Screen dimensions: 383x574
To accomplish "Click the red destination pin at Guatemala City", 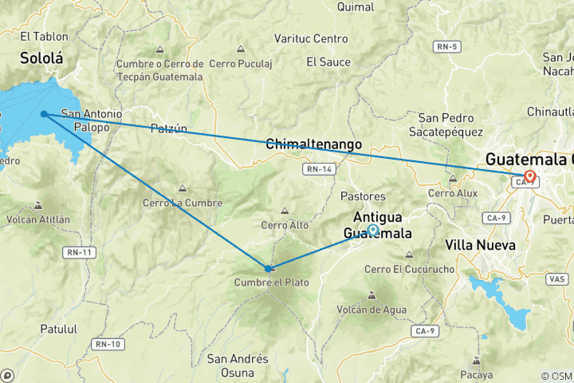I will click(x=529, y=176).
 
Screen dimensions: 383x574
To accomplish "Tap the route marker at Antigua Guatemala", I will click(x=373, y=230).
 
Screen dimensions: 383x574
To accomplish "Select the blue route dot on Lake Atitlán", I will click(x=44, y=114).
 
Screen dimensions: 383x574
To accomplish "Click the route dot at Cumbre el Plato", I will click(x=269, y=268).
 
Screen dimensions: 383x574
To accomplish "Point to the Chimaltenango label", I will click(x=313, y=144).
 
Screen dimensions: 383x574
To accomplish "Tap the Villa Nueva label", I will click(x=480, y=244).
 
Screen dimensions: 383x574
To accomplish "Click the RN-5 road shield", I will click(x=447, y=47).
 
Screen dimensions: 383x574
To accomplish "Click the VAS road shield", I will click(x=558, y=278).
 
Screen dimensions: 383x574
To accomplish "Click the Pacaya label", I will click(x=477, y=373).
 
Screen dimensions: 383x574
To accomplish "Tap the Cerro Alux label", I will click(x=452, y=192).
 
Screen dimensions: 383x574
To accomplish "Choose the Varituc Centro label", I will click(x=311, y=38).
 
